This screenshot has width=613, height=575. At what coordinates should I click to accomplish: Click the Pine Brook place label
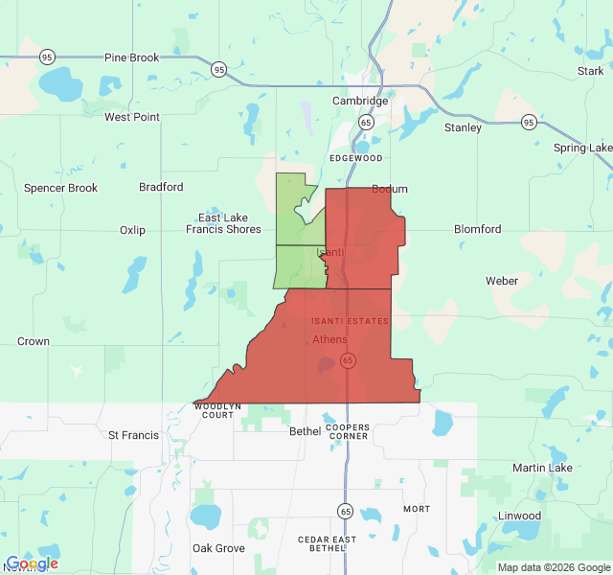tap(131, 57)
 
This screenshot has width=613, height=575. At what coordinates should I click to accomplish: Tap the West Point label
tap(131, 117)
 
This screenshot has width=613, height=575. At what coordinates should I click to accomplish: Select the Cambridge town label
tap(360, 101)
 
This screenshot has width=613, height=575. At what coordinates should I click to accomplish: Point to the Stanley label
tap(463, 127)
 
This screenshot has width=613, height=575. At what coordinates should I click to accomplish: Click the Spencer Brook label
tap(60, 188)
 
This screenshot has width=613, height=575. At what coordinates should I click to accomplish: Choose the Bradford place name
tap(161, 187)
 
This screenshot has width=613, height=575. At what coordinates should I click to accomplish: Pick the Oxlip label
tap(132, 230)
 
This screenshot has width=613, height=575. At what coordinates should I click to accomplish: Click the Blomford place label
tap(477, 230)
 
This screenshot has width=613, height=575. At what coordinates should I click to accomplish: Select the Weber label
tap(502, 281)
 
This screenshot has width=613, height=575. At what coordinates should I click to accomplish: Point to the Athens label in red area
tap(330, 339)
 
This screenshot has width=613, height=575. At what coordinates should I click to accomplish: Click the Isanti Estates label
tap(350, 321)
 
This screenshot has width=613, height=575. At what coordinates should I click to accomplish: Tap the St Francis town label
tap(133, 435)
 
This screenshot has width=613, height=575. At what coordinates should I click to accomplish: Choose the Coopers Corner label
tap(347, 430)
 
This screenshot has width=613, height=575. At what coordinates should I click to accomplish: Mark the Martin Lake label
tap(542, 468)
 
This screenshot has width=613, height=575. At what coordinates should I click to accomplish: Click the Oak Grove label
tap(218, 548)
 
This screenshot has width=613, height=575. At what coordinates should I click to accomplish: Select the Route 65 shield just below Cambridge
tap(366, 123)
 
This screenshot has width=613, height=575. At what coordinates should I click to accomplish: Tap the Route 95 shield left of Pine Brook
tap(48, 57)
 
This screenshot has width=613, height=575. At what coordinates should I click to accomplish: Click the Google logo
tap(31, 563)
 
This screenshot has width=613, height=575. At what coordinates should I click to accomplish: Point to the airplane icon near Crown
tap(77, 371)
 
